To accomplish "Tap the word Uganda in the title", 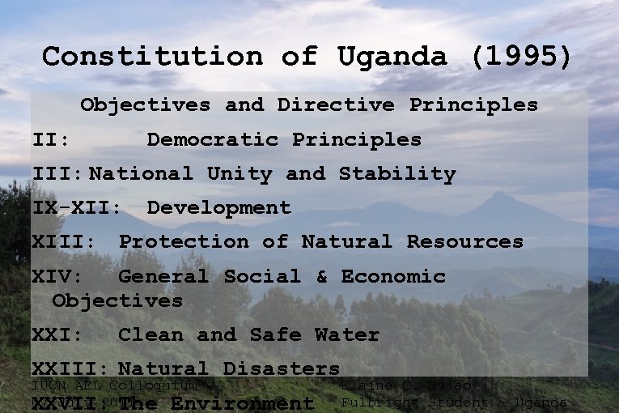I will click(392, 57).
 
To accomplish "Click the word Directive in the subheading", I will click(336, 105).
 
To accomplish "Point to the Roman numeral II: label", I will click(50, 140).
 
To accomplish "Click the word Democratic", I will click(211, 140).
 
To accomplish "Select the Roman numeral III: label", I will click(57, 174).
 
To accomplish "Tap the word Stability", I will click(397, 174).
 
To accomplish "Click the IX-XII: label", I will click(77, 208).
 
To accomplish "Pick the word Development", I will click(218, 208).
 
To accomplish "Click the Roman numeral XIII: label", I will click(63, 242).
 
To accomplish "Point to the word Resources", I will click(464, 242).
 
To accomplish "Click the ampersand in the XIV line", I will click(322, 277).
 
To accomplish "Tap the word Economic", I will click(393, 277).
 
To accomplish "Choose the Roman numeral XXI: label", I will click(57, 335).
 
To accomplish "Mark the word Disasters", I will click(282, 369).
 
